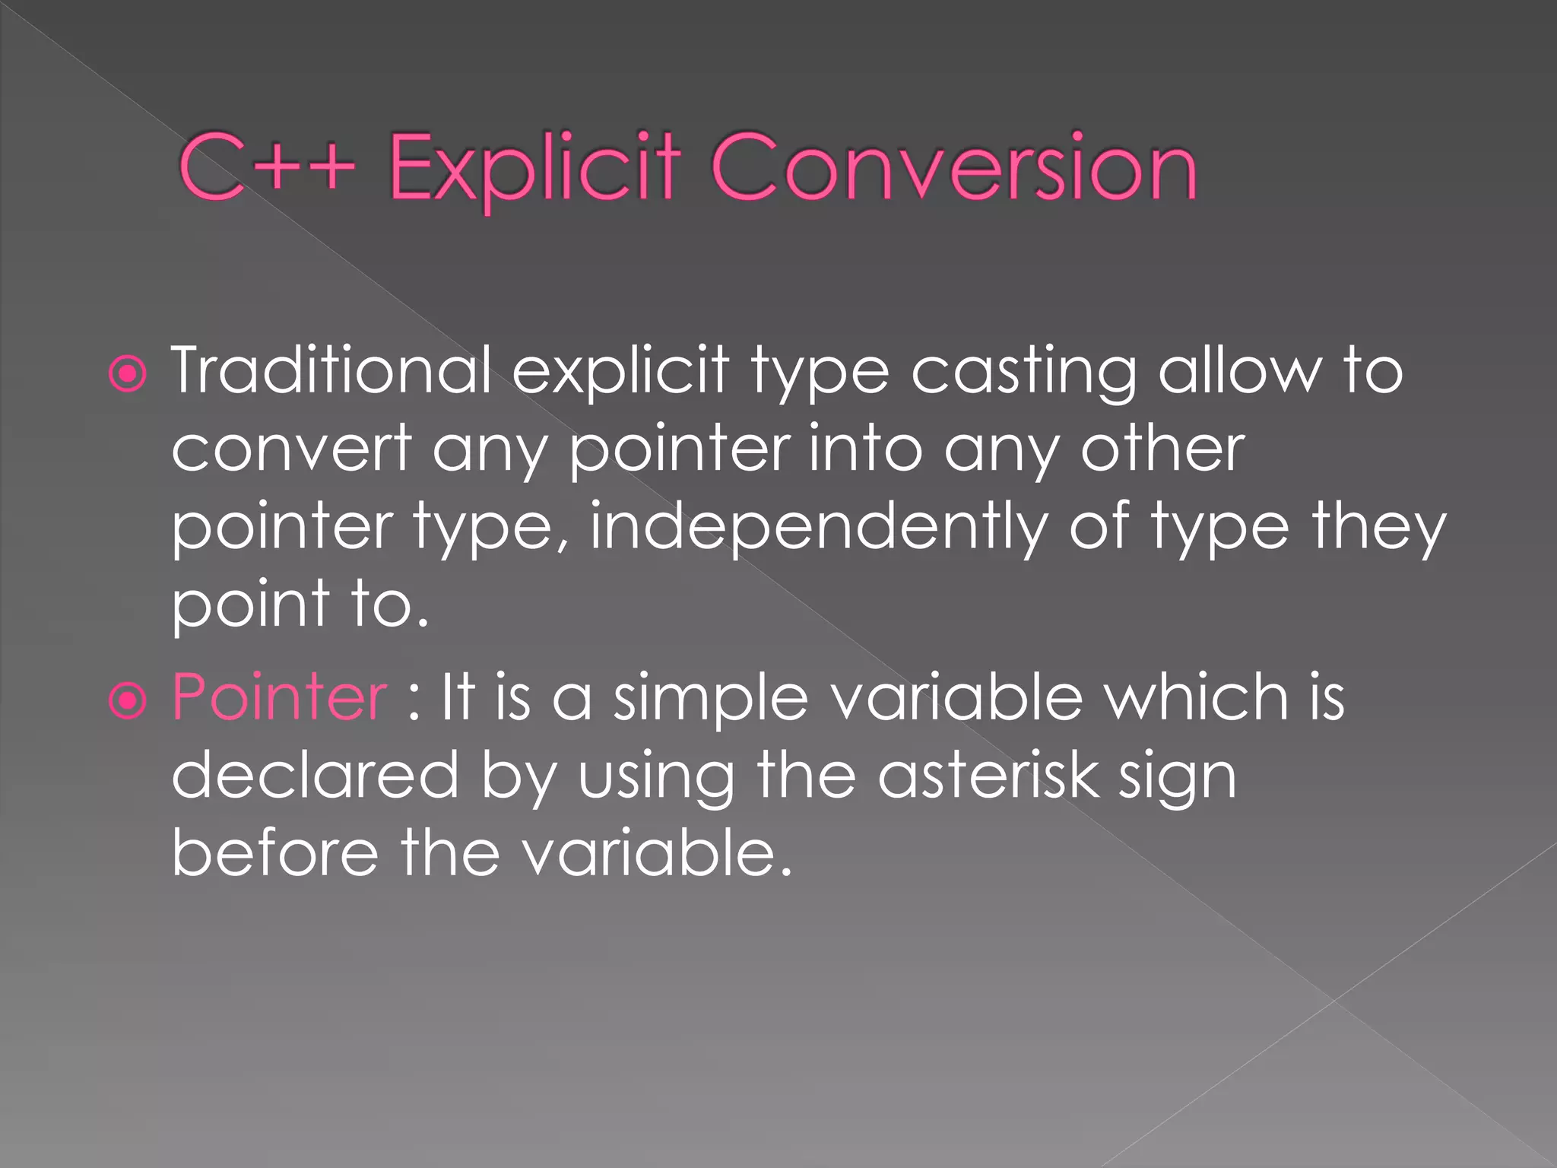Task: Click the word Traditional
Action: [x=331, y=370]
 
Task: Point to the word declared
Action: [x=315, y=775]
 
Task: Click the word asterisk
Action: [x=988, y=775]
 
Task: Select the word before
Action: [x=274, y=852]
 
